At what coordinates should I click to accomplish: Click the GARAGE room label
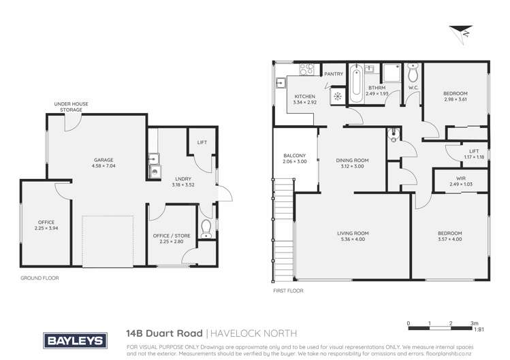pos(104,161)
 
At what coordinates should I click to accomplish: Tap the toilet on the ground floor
pos(206,226)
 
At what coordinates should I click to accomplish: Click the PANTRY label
pos(334,73)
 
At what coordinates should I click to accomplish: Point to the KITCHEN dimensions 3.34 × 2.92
pos(304,103)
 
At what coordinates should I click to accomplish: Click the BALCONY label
pos(295,156)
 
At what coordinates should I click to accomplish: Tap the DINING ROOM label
pos(352,161)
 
